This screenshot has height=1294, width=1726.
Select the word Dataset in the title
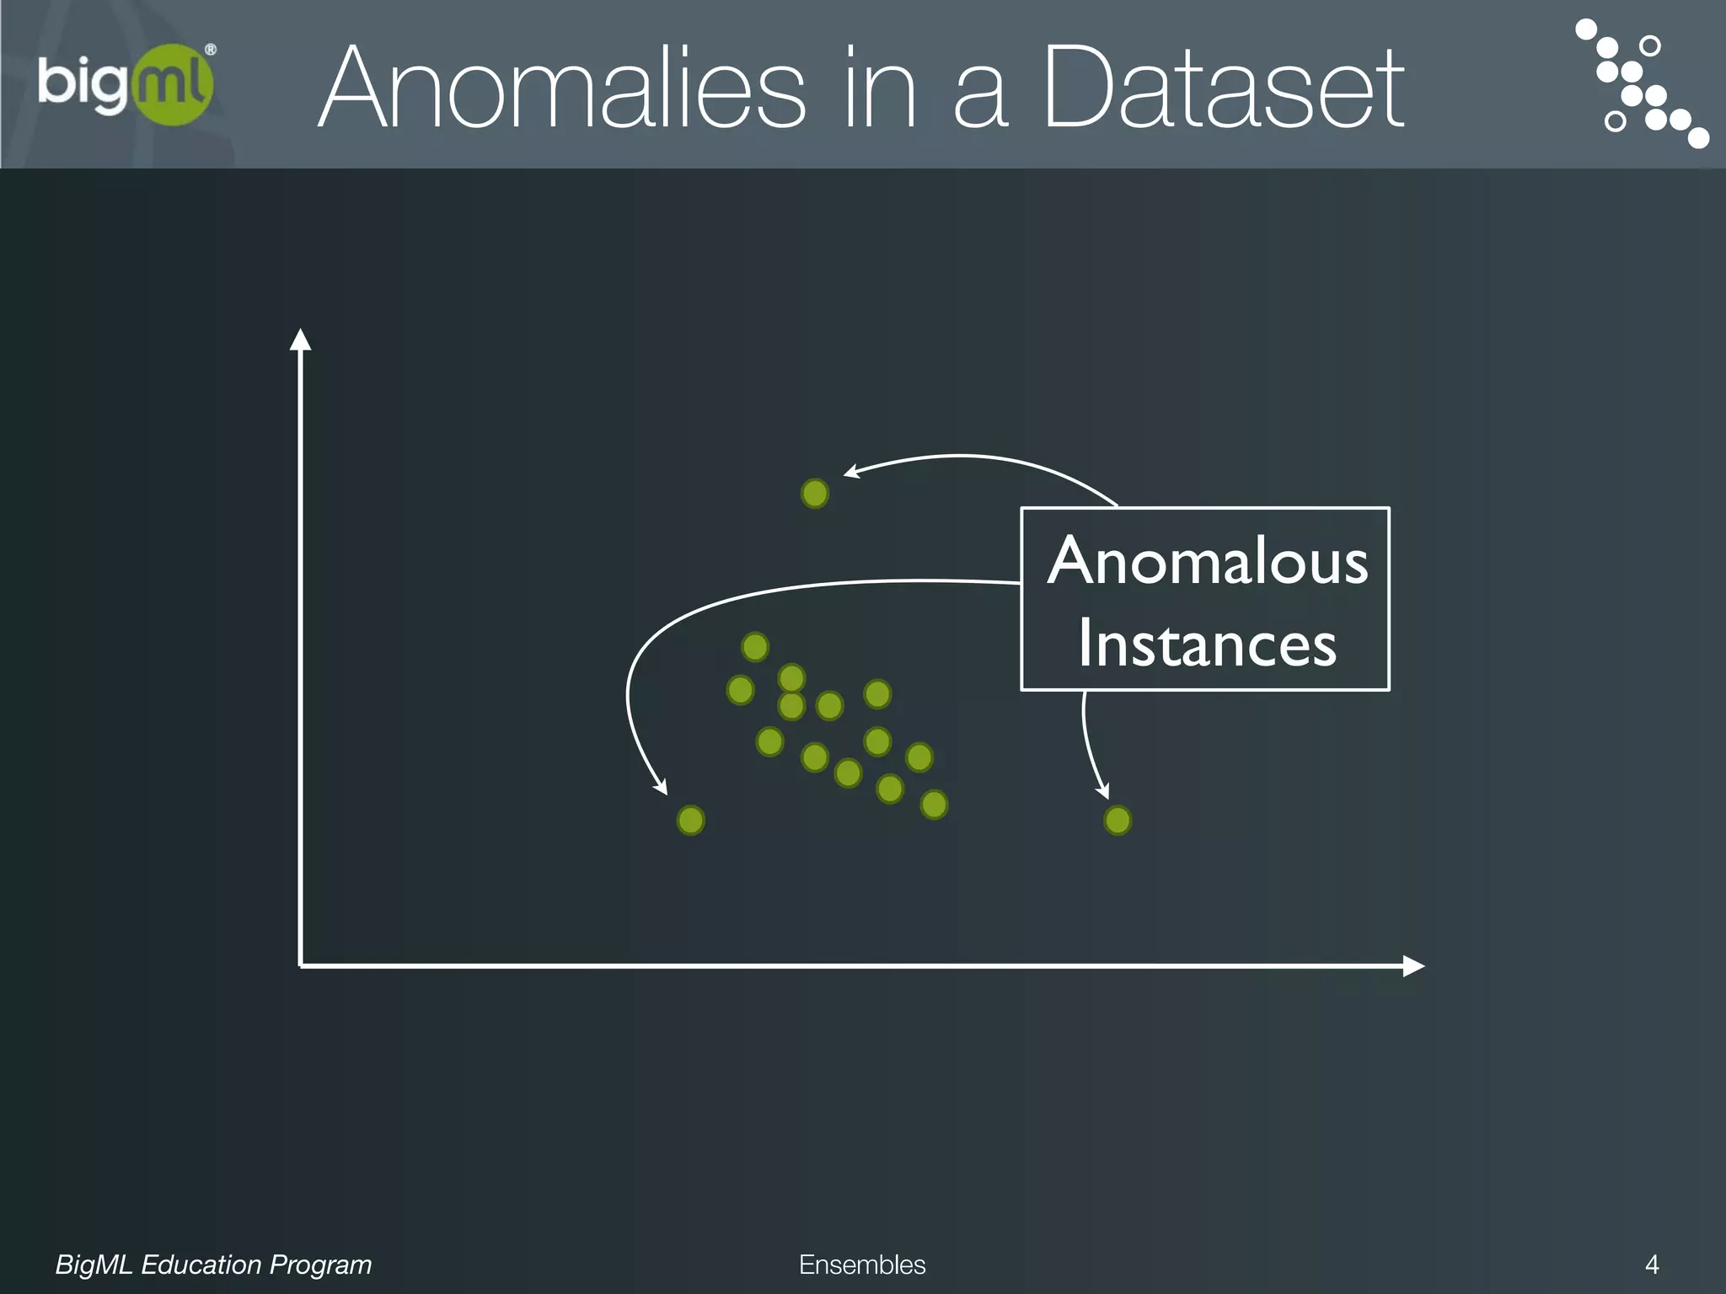[1223, 88]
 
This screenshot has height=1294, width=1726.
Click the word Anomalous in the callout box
[1207, 562]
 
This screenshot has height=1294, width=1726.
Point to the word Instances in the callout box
[1207, 644]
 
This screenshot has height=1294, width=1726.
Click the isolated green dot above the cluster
[815, 493]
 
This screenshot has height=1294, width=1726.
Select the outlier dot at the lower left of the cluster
[691, 820]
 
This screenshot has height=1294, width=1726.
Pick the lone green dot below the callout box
[1118, 820]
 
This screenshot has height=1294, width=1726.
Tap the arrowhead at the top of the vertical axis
[300, 339]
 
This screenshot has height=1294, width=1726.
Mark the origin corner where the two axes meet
[301, 965]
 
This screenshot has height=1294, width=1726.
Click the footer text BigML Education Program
[213, 1265]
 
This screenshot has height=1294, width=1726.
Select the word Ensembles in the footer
[862, 1265]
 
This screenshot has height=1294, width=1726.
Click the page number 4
[1652, 1265]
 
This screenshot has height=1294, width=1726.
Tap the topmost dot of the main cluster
[755, 647]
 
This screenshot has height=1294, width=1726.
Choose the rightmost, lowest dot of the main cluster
[934, 805]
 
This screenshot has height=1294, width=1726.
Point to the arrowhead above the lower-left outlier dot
[662, 788]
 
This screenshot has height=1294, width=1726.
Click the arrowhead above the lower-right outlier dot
[1102, 792]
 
